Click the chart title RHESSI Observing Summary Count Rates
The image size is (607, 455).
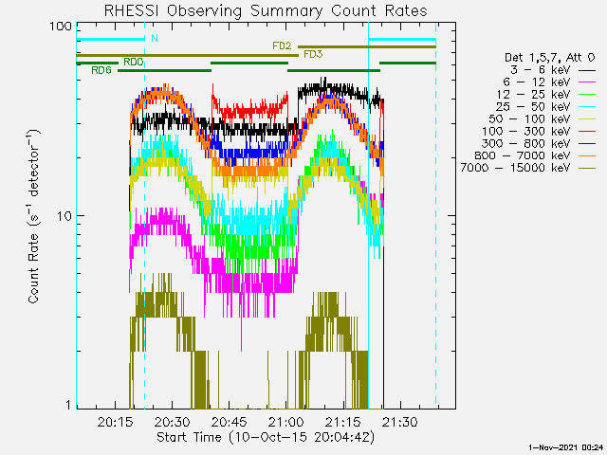pyautogui.click(x=266, y=10)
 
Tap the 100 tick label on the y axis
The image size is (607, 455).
pyautogui.click(x=61, y=27)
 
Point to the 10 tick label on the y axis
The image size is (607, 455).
pyautogui.click(x=64, y=216)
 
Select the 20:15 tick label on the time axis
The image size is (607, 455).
pyautogui.click(x=116, y=422)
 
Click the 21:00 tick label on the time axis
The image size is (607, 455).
pyautogui.click(x=286, y=422)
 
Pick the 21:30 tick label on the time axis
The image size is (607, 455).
pyautogui.click(x=400, y=422)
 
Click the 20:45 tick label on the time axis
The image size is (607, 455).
pyautogui.click(x=230, y=422)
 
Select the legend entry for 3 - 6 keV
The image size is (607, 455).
pyautogui.click(x=552, y=70)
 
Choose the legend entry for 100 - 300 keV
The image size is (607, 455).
pyautogui.click(x=539, y=131)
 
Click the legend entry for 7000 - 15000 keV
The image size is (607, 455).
pyautogui.click(x=528, y=168)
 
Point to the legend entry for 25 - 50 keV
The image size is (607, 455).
pyautogui.click(x=545, y=107)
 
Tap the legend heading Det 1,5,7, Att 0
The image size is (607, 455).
pyautogui.click(x=549, y=58)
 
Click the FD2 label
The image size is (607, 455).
pyautogui.click(x=282, y=45)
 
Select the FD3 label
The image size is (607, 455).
pyautogui.click(x=313, y=54)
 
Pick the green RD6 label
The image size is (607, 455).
pyautogui.click(x=101, y=70)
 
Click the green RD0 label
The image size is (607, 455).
pyautogui.click(x=134, y=62)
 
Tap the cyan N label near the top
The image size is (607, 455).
pyautogui.click(x=155, y=38)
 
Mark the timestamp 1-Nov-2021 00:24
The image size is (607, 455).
pyautogui.click(x=565, y=447)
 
